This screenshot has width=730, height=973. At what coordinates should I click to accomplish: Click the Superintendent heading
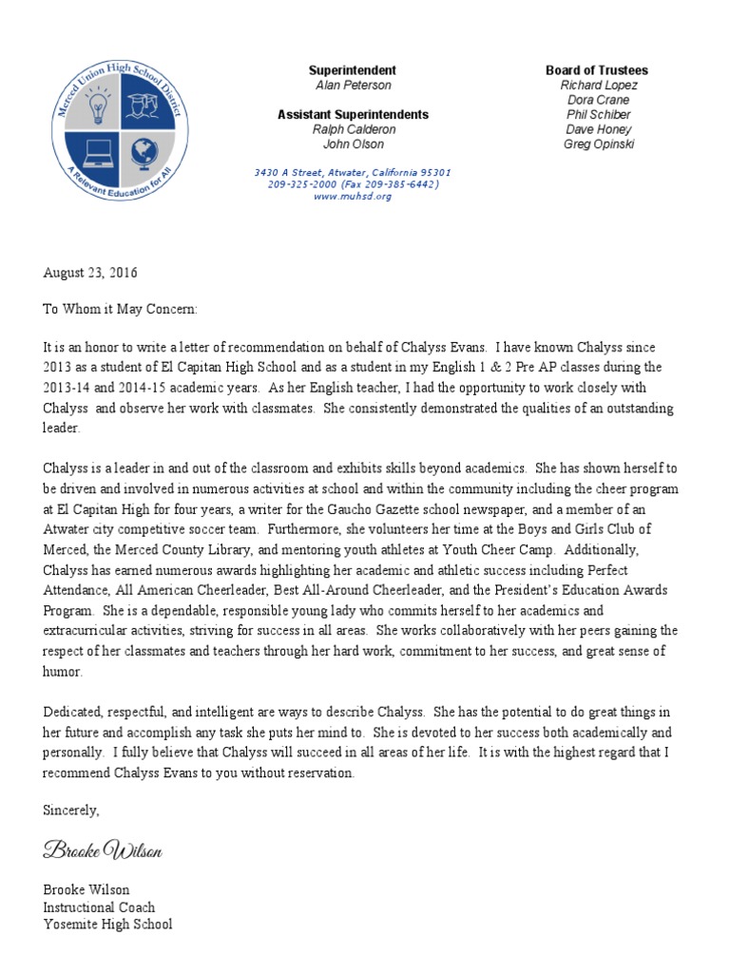tap(353, 71)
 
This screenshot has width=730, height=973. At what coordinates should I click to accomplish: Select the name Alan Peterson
tap(353, 86)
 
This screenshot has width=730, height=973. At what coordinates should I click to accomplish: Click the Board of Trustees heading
tap(598, 71)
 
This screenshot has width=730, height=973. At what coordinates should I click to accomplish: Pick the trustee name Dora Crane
tap(598, 100)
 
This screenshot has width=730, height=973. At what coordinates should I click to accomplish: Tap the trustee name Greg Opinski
tap(598, 144)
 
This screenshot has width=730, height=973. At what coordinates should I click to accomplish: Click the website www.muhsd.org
tap(352, 197)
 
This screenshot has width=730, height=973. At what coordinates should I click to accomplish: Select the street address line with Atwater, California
tap(352, 172)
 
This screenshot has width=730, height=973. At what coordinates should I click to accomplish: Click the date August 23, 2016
tap(90, 273)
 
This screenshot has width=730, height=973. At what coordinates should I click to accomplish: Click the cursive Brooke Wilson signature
tap(103, 851)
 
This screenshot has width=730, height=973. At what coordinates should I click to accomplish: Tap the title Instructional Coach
tap(99, 907)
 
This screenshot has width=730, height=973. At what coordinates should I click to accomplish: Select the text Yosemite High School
tap(107, 925)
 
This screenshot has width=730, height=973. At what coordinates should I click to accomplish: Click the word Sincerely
tap(71, 811)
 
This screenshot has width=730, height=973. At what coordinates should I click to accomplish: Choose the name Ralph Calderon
tap(353, 129)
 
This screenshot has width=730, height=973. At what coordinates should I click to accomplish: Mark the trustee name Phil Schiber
tap(598, 114)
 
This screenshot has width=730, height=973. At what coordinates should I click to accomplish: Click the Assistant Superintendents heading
tap(353, 115)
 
